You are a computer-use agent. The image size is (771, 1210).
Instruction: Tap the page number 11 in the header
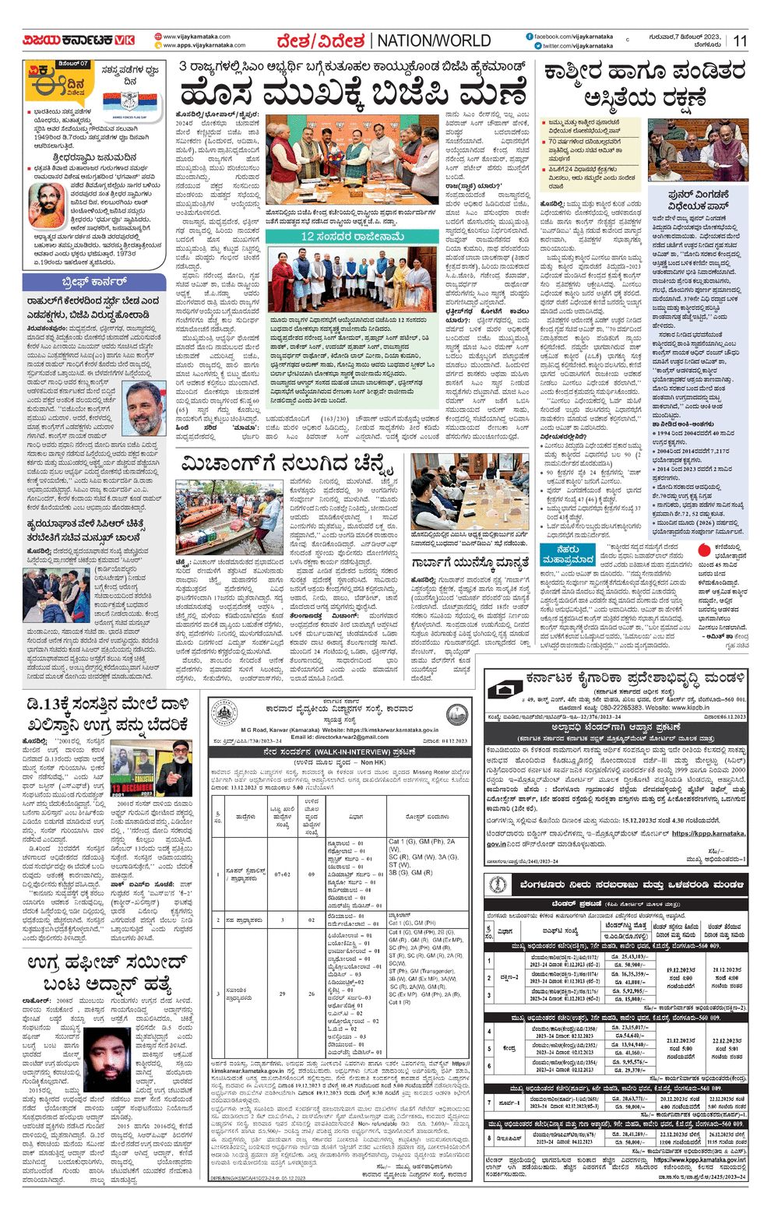[739, 41]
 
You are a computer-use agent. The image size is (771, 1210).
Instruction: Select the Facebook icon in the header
[530, 37]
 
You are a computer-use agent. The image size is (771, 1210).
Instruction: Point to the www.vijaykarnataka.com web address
[196, 37]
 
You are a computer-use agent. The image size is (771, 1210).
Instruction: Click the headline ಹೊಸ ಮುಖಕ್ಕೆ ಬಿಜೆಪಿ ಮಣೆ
[352, 95]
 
